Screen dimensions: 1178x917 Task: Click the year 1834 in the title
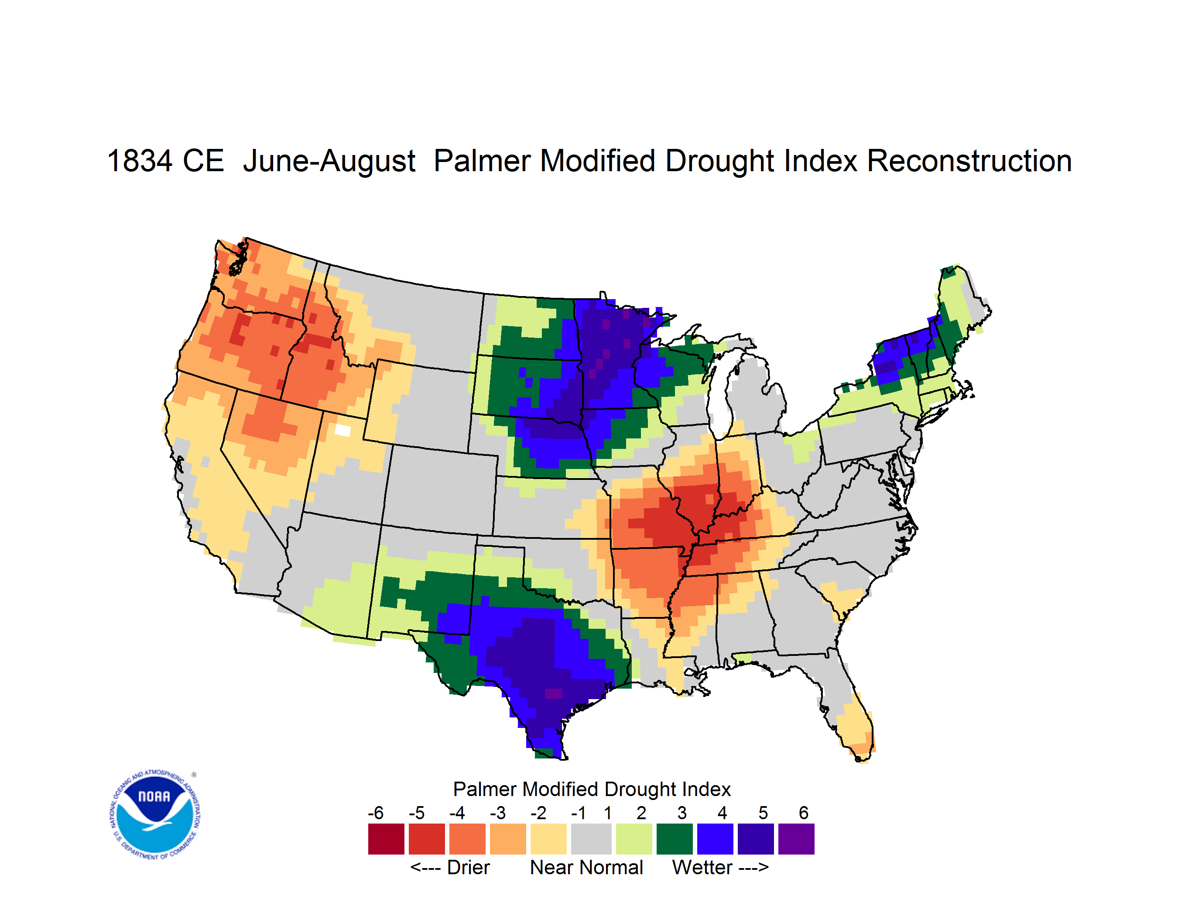click(140, 161)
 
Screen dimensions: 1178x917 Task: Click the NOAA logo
click(155, 814)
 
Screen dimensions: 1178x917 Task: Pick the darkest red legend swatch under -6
click(386, 839)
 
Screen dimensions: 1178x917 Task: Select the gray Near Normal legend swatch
click(591, 839)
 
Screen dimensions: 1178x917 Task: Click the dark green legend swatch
click(674, 839)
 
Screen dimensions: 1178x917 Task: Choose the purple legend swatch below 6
click(796, 839)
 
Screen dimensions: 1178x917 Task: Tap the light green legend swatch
click(634, 839)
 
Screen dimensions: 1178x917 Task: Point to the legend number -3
click(497, 813)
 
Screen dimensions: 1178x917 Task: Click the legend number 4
click(722, 813)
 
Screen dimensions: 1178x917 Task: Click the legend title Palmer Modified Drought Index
click(592, 789)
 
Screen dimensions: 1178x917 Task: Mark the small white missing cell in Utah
click(342, 430)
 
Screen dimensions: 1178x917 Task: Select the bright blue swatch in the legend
click(715, 839)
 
